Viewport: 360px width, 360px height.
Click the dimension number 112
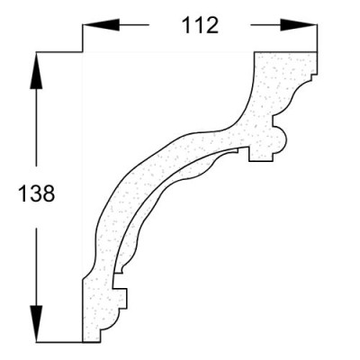coord(200,25)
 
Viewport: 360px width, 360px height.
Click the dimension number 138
coord(37,193)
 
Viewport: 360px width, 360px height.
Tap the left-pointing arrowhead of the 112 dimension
coord(101,25)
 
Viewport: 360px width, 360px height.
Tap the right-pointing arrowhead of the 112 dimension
coord(299,25)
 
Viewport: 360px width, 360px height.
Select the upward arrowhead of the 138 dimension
coord(36,71)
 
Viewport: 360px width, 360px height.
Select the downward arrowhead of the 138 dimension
coord(36,324)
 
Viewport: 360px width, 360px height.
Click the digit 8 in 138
coord(49,193)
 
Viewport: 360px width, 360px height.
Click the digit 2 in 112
coord(212,25)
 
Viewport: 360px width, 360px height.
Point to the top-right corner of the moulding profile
coord(317,52)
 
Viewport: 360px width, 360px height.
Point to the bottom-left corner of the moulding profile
coord(82,342)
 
